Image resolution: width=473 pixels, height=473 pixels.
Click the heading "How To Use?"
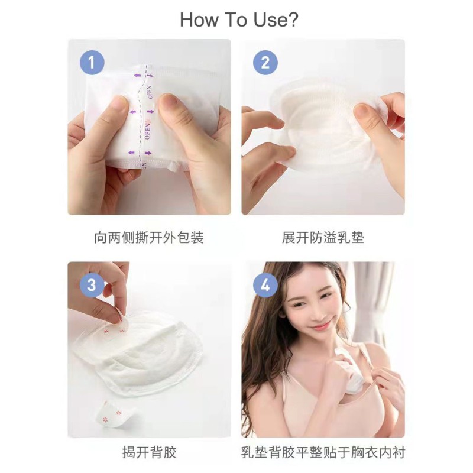point(239,20)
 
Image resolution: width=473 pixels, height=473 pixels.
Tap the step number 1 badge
point(92,62)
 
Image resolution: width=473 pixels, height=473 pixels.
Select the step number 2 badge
point(265,62)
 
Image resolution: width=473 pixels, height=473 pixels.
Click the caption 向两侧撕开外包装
point(149,238)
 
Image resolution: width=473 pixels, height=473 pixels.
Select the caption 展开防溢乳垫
point(323,238)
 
